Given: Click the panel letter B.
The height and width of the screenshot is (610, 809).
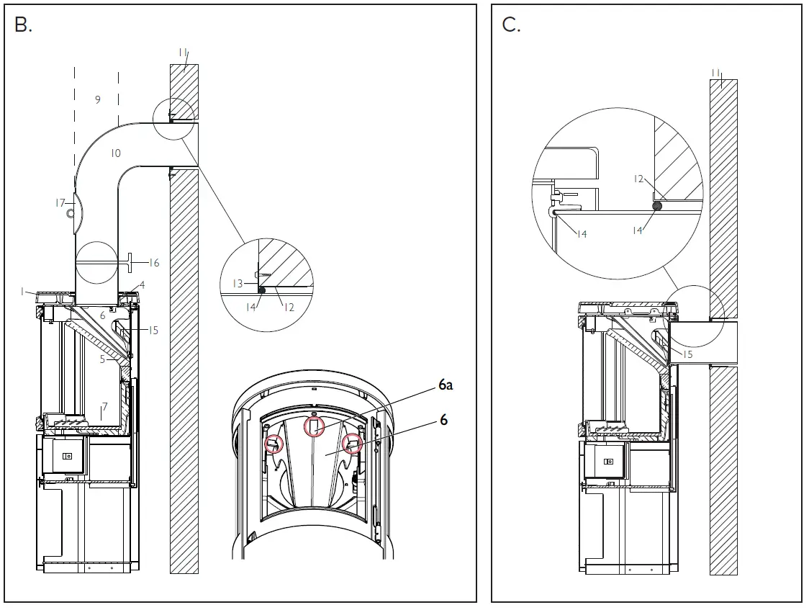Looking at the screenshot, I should [23, 24].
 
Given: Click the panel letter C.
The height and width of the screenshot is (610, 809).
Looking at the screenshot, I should [510, 24].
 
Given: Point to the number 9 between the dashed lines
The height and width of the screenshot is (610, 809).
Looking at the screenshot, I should [98, 100].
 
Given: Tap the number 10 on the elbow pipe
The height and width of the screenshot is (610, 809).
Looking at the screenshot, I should [116, 153].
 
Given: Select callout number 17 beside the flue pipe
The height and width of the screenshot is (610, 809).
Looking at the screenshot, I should [60, 203].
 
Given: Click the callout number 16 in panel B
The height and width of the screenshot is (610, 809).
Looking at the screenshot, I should [153, 263].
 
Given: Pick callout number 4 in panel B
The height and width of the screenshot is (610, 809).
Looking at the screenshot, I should [142, 285].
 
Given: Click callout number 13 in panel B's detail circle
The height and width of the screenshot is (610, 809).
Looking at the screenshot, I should [238, 284].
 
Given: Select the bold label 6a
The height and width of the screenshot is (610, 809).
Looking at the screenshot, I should [446, 386].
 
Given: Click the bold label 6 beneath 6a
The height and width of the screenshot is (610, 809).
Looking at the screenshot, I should [443, 419].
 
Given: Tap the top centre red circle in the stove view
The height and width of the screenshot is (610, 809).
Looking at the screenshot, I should [314, 427].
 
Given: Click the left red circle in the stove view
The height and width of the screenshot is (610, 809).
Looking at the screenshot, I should [274, 444].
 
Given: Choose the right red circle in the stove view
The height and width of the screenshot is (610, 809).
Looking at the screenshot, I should [351, 444].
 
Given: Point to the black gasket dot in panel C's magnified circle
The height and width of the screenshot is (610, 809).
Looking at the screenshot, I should [657, 206].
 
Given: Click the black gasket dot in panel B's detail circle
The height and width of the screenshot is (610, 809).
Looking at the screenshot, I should [261, 290].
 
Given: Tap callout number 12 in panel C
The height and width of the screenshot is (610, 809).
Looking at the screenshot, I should [638, 179].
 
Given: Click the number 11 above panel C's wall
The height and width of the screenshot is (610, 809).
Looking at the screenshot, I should [716, 72].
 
